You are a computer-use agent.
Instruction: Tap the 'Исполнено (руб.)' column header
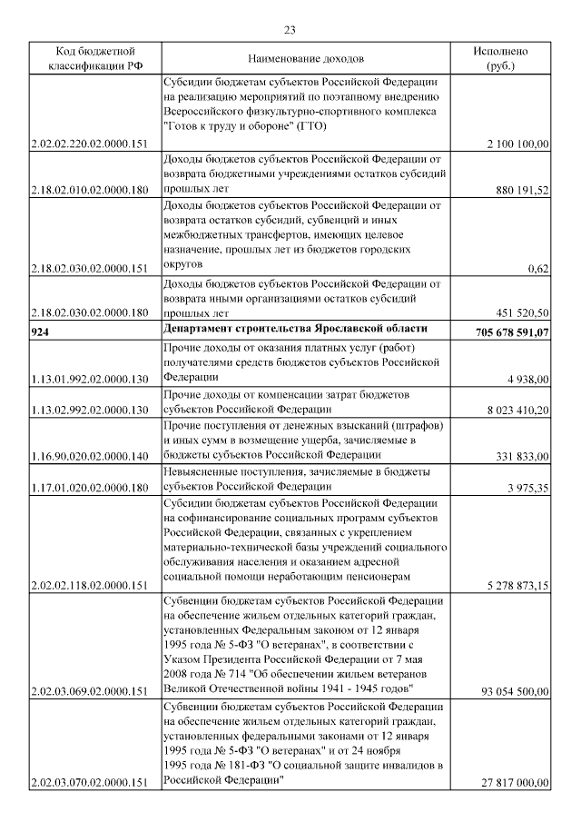[500, 58]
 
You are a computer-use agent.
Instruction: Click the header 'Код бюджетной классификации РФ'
[91, 58]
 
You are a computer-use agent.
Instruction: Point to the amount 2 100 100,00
[517, 144]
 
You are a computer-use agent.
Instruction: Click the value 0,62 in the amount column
[538, 268]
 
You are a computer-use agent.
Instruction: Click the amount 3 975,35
[525, 488]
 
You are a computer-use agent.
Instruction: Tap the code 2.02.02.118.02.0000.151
[89, 586]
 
